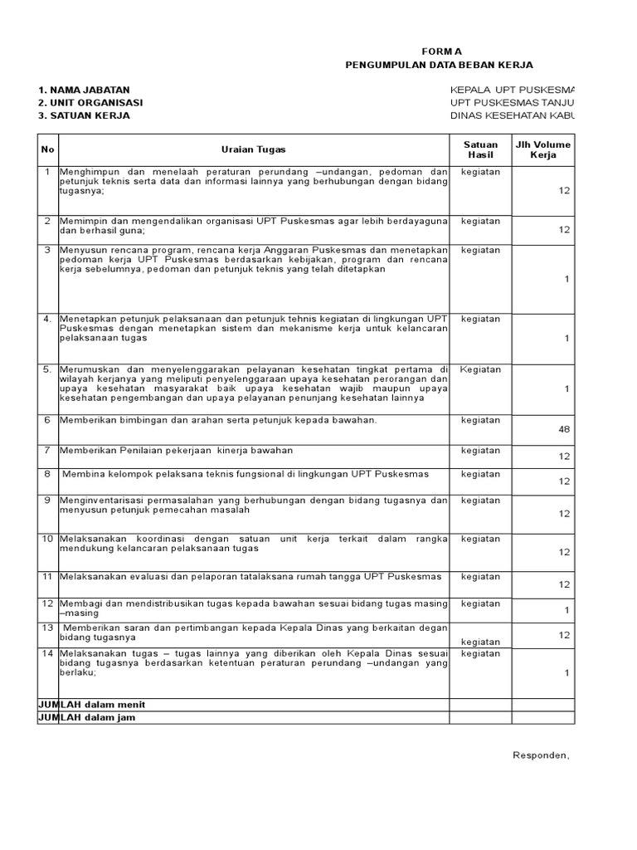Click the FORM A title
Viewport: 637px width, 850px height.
click(439, 51)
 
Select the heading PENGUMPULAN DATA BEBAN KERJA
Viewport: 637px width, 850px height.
click(439, 65)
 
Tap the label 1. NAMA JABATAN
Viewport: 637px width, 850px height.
click(84, 90)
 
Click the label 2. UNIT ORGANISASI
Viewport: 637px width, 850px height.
click(90, 102)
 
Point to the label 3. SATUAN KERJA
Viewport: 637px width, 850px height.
click(84, 115)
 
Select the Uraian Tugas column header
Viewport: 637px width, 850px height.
click(253, 149)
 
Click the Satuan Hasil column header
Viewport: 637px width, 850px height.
click(480, 149)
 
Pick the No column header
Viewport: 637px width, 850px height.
click(46, 149)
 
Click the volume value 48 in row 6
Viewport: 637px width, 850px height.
click(564, 429)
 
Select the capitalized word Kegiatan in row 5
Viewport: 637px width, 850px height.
click(480, 369)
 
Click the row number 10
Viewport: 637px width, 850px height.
click(47, 539)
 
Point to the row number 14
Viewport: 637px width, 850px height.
click(47, 653)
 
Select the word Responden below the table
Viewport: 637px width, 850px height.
click(542, 755)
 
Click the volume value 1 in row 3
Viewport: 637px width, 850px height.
click(567, 279)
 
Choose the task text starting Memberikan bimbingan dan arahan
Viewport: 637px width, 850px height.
click(217, 420)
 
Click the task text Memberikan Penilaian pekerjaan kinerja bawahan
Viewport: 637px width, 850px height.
click(176, 450)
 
